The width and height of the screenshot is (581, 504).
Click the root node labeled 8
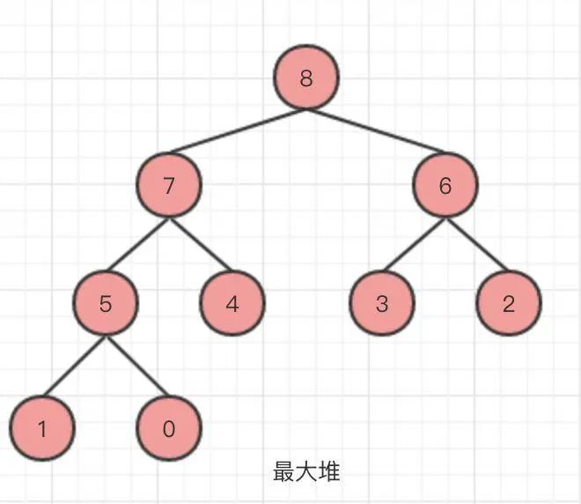click(x=306, y=78)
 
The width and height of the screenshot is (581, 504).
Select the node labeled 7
click(x=169, y=186)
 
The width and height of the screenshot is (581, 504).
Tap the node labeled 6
click(x=445, y=186)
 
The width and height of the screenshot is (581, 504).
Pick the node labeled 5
click(x=106, y=305)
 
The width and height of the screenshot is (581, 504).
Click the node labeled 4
click(x=232, y=305)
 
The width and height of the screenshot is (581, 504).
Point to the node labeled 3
click(x=382, y=305)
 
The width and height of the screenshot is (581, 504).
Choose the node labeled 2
click(x=509, y=305)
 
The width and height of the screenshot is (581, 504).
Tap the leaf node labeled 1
click(x=42, y=429)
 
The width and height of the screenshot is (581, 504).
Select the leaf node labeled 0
click(x=169, y=429)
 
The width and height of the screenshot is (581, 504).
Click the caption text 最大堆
click(x=306, y=472)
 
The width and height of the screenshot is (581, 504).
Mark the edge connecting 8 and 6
click(x=376, y=132)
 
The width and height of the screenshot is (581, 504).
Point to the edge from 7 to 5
click(x=137, y=246)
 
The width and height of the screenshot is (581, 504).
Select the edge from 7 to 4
click(x=201, y=246)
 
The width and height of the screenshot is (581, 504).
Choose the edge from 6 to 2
click(x=477, y=246)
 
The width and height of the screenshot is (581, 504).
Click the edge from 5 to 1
click(x=74, y=367)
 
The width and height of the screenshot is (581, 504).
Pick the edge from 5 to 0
click(x=137, y=367)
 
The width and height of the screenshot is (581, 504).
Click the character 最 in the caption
click(x=283, y=472)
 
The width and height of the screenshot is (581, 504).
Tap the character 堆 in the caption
click(x=329, y=472)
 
